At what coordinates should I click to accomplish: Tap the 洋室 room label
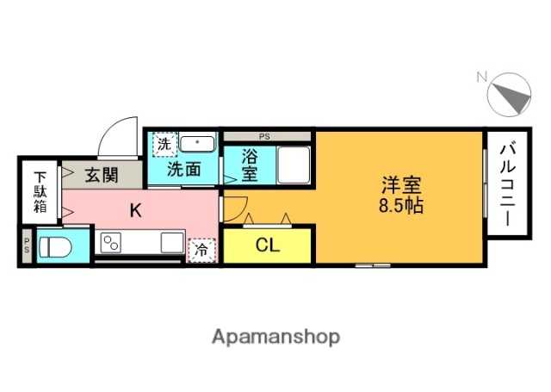click(402, 184)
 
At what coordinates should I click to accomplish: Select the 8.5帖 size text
click(402, 206)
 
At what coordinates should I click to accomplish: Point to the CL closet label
click(267, 245)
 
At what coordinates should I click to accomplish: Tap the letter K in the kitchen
click(135, 209)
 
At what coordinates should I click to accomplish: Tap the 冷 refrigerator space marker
click(201, 249)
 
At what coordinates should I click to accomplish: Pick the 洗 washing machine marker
click(164, 144)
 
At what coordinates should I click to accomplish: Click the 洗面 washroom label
click(184, 169)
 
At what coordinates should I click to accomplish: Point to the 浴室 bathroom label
click(249, 165)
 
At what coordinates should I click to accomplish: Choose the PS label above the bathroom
click(264, 135)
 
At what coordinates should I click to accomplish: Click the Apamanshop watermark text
click(275, 336)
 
